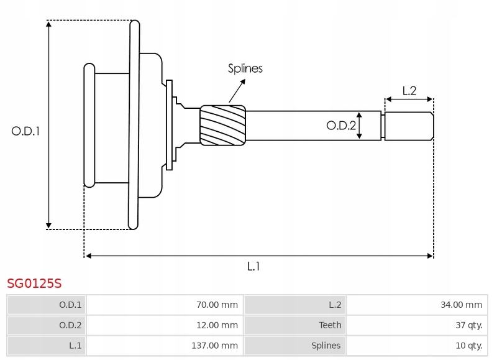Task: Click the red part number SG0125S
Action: (x=34, y=284)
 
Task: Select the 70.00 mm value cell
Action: (x=165, y=305)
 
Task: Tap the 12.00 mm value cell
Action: (x=165, y=325)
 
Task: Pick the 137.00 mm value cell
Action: (x=165, y=346)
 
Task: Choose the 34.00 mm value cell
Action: (x=416, y=305)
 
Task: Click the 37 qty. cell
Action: (x=416, y=325)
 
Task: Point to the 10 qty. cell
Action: (x=416, y=346)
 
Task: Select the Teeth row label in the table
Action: (x=294, y=325)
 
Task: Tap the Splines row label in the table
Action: (x=294, y=346)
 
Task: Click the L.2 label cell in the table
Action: (x=294, y=305)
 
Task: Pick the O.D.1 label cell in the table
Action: (x=47, y=305)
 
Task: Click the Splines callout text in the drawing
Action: (x=245, y=68)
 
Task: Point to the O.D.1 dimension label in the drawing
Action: (x=25, y=131)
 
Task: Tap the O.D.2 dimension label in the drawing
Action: (x=341, y=126)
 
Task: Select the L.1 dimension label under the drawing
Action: (x=253, y=267)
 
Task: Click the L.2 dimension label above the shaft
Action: (x=409, y=91)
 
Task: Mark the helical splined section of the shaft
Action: (x=223, y=126)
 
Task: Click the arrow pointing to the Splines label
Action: (x=237, y=91)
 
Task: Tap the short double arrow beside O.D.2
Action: (x=359, y=126)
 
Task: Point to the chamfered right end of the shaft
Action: (x=432, y=126)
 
